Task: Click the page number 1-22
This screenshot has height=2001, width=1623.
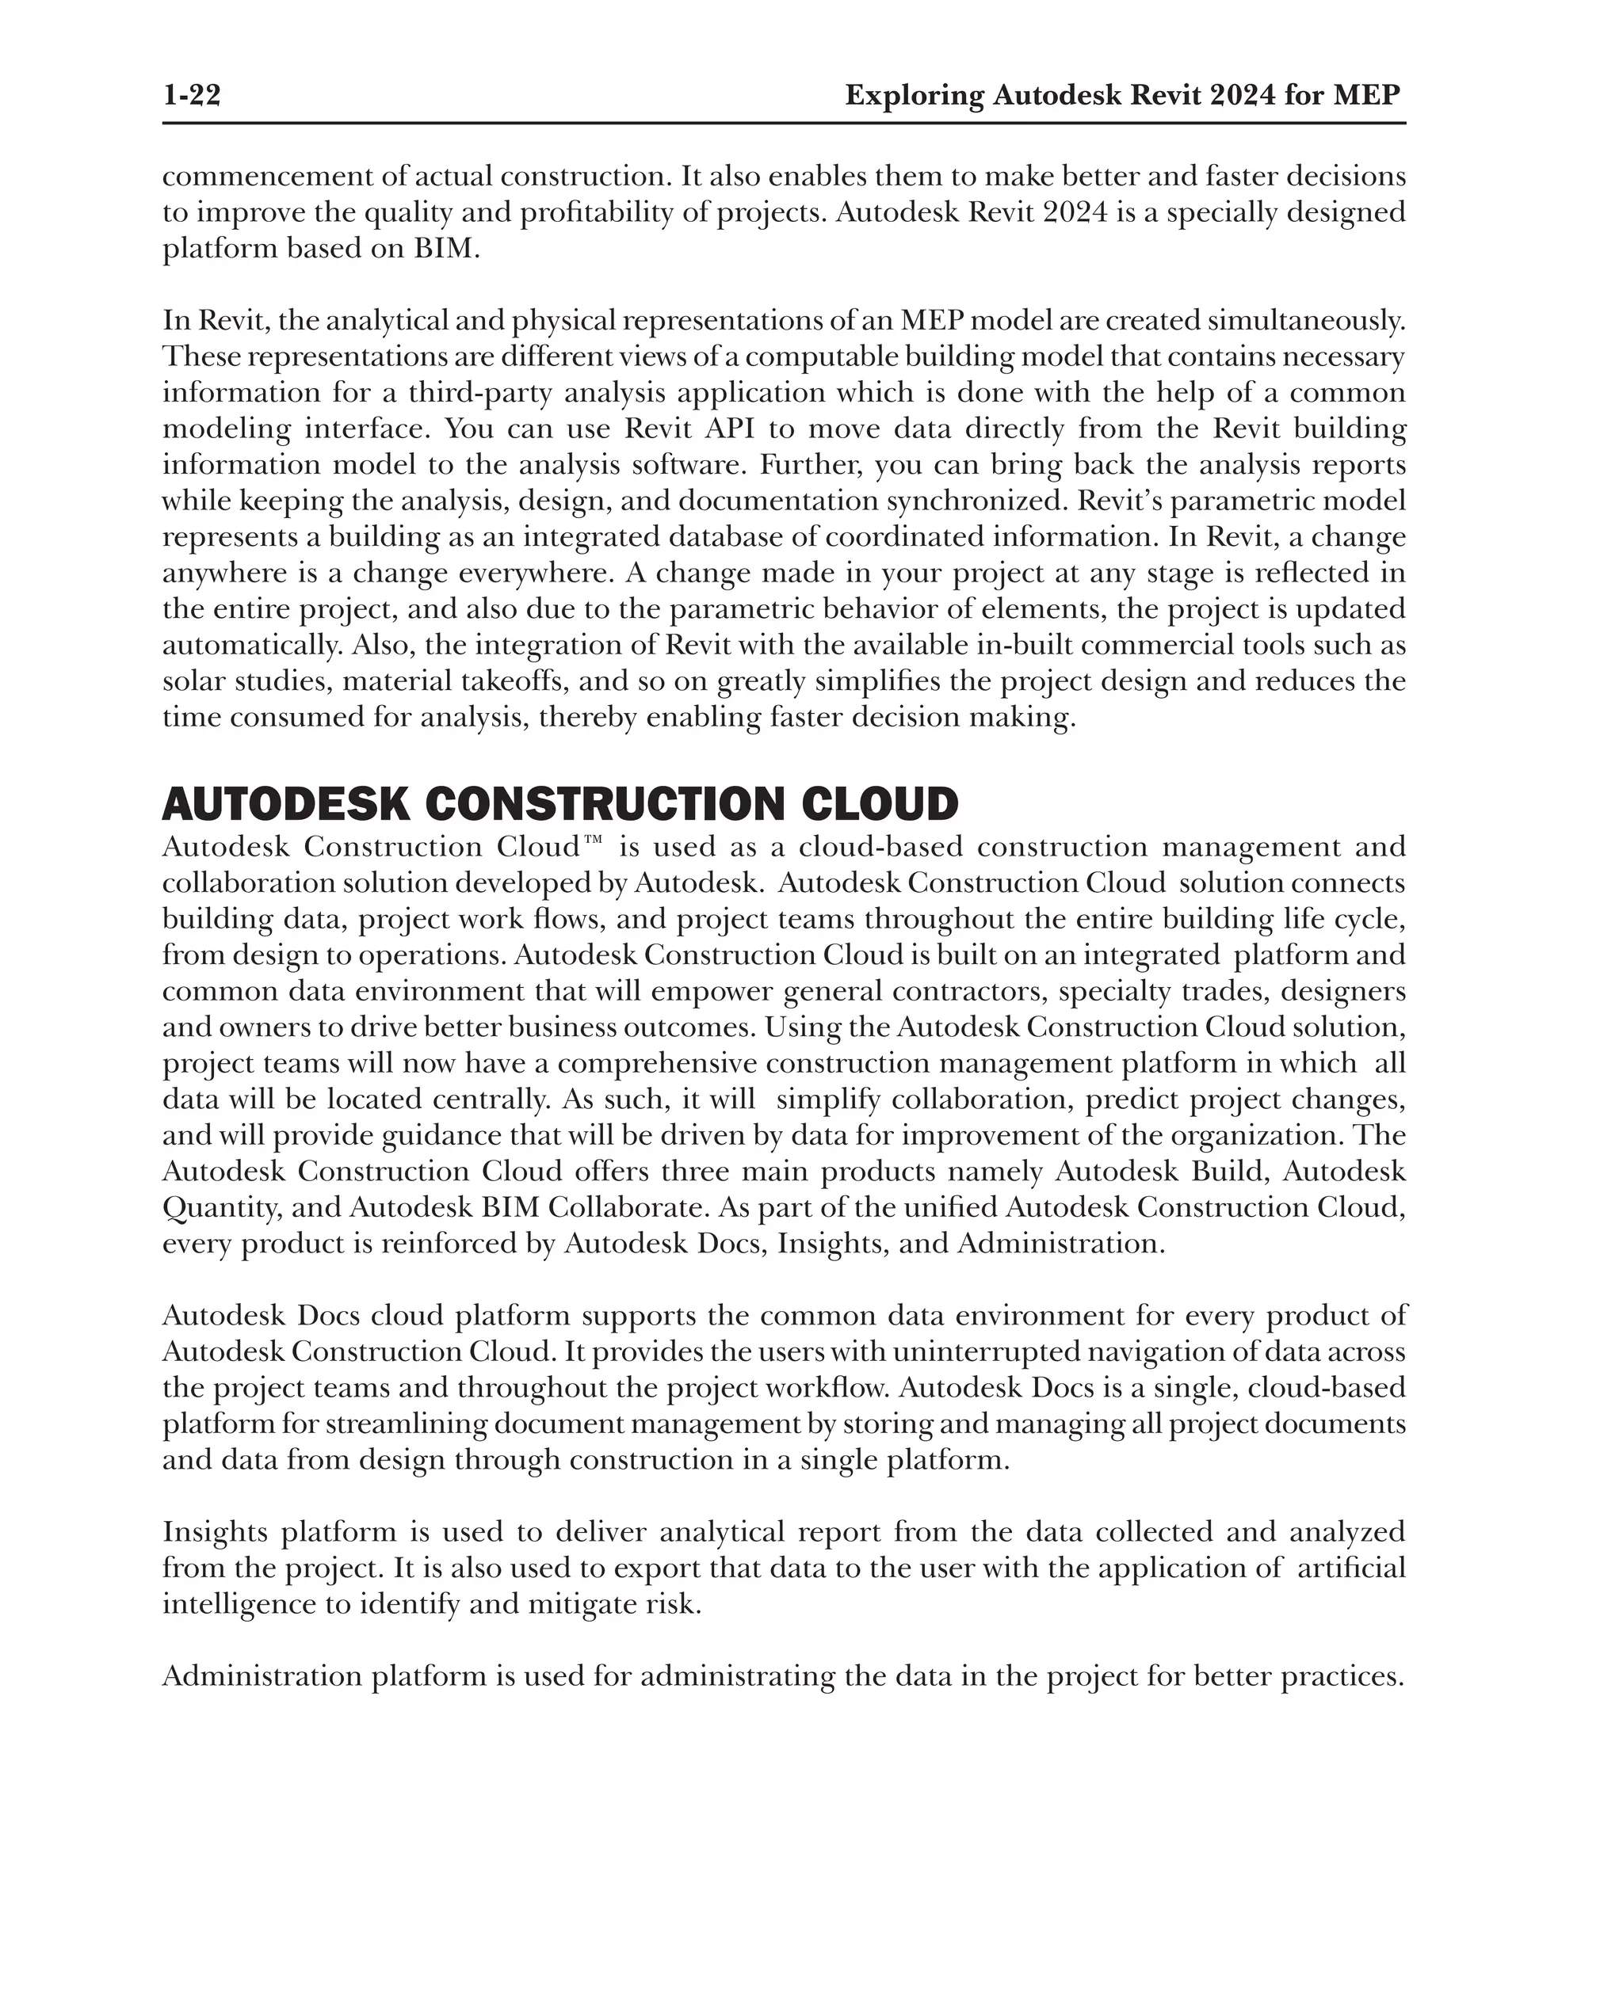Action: coord(192,95)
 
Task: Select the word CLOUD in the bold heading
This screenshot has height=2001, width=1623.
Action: coord(880,805)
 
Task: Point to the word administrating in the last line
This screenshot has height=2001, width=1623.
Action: coord(737,1677)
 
